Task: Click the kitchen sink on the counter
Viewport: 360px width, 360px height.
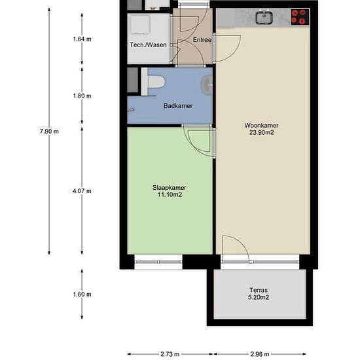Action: pyautogui.click(x=264, y=17)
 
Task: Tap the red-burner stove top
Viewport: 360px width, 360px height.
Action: pyautogui.click(x=300, y=17)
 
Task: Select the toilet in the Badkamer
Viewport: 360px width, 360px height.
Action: pyautogui.click(x=153, y=82)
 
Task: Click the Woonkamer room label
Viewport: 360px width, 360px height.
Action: pyautogui.click(x=261, y=126)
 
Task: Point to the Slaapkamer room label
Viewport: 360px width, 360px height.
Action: pyautogui.click(x=170, y=188)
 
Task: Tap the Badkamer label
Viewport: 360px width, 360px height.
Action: pyautogui.click(x=178, y=106)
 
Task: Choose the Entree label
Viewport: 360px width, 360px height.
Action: pyautogui.click(x=202, y=40)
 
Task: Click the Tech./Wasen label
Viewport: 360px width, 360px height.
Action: pyautogui.click(x=148, y=45)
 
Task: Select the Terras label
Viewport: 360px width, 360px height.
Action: pyautogui.click(x=259, y=290)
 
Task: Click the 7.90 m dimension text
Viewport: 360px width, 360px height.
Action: pyautogui.click(x=49, y=132)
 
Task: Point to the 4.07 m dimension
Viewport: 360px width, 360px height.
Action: pyautogui.click(x=82, y=191)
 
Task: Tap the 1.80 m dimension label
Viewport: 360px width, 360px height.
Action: pyautogui.click(x=82, y=96)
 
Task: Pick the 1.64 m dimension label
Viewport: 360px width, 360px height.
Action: pyautogui.click(x=82, y=39)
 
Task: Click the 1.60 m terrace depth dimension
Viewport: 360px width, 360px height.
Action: pyautogui.click(x=82, y=295)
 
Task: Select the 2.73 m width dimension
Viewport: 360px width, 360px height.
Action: pyautogui.click(x=170, y=354)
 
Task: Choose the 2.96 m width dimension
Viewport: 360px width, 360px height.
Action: pyautogui.click(x=260, y=354)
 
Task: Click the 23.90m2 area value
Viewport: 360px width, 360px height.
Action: pyautogui.click(x=262, y=132)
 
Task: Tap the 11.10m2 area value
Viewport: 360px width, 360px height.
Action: pyautogui.click(x=170, y=194)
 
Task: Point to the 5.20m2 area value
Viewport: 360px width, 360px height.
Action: pyautogui.click(x=259, y=297)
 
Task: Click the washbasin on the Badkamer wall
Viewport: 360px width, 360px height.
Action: pyautogui.click(x=207, y=85)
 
